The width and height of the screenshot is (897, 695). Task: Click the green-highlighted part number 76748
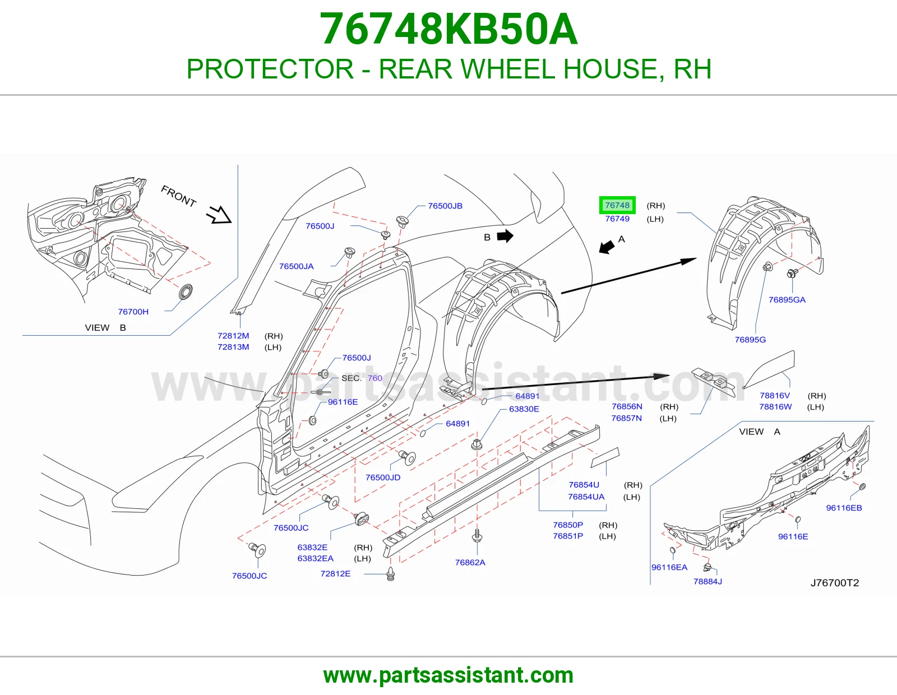click(617, 205)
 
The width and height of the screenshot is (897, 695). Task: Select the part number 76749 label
click(617, 219)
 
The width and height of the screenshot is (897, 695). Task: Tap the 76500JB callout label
click(445, 206)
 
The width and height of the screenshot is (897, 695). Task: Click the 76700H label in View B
click(133, 312)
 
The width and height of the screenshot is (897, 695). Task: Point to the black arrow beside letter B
click(505, 236)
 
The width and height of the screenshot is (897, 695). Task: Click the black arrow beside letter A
click(607, 247)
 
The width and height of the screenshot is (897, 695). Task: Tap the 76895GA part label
click(787, 300)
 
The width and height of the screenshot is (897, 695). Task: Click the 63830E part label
click(524, 409)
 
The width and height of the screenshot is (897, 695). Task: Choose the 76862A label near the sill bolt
click(470, 563)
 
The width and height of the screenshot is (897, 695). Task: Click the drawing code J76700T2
click(835, 583)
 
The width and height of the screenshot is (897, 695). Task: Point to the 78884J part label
click(708, 582)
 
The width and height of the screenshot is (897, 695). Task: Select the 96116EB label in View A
click(844, 508)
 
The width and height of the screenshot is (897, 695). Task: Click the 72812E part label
click(335, 574)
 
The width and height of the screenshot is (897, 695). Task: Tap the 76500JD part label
click(383, 478)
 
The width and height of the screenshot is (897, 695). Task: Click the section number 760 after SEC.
click(375, 378)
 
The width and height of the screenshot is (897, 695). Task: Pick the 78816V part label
click(775, 395)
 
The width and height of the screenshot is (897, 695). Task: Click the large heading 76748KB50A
click(449, 30)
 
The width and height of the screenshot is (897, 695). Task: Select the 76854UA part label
click(586, 497)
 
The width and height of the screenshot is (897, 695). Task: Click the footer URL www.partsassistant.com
click(449, 675)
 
